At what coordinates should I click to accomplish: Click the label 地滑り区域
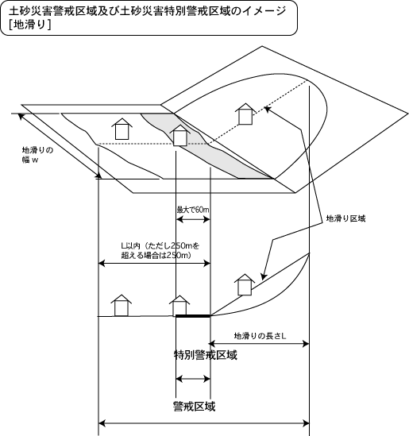(x=345, y=218)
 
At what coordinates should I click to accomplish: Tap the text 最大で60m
(x=193, y=210)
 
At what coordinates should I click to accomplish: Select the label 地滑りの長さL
(x=260, y=336)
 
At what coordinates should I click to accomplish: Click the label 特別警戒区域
(x=206, y=355)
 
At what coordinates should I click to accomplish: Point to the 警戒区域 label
(x=194, y=407)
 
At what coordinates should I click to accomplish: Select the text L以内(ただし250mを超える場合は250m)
(x=160, y=250)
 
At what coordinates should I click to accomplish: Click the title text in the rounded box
(x=148, y=17)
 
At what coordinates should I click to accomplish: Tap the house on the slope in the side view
(x=245, y=284)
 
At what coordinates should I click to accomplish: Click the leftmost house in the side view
(x=122, y=305)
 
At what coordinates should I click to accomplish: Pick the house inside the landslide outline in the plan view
(x=245, y=114)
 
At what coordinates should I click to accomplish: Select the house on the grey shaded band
(x=180, y=136)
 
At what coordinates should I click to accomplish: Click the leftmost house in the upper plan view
(x=122, y=129)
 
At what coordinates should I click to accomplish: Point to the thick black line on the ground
(x=193, y=316)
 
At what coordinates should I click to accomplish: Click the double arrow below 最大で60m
(x=193, y=219)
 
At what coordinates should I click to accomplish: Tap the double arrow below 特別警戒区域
(x=193, y=379)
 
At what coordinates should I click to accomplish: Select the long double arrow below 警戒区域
(x=204, y=424)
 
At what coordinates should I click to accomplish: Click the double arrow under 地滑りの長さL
(x=259, y=344)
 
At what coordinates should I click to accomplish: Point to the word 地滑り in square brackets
(x=29, y=25)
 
